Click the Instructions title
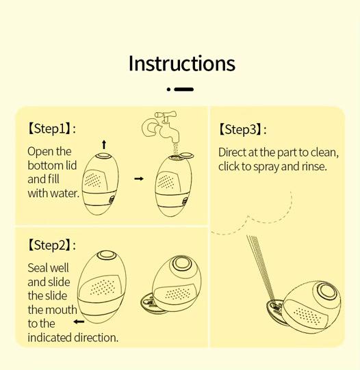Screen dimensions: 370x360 [181, 64]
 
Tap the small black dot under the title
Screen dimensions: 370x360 [168, 89]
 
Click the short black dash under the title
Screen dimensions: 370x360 [184, 89]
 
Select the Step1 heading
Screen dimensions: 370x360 [51, 128]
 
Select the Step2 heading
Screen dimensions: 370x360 [51, 245]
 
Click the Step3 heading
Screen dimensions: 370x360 [242, 129]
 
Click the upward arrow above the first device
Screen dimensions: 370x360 [104, 144]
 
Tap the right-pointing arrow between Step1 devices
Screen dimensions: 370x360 [139, 179]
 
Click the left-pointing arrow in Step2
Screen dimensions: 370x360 [79, 321]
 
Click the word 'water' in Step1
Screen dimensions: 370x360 [64, 194]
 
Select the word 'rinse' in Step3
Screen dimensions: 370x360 [313, 166]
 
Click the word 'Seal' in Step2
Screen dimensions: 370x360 [38, 268]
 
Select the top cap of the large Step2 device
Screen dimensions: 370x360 [105, 256]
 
